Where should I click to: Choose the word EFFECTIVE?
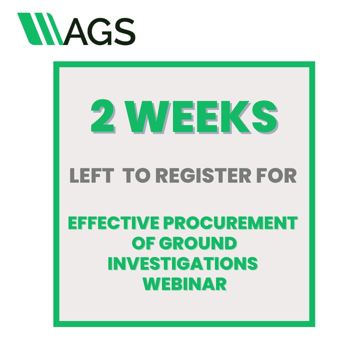114,224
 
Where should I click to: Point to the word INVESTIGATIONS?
183,264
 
